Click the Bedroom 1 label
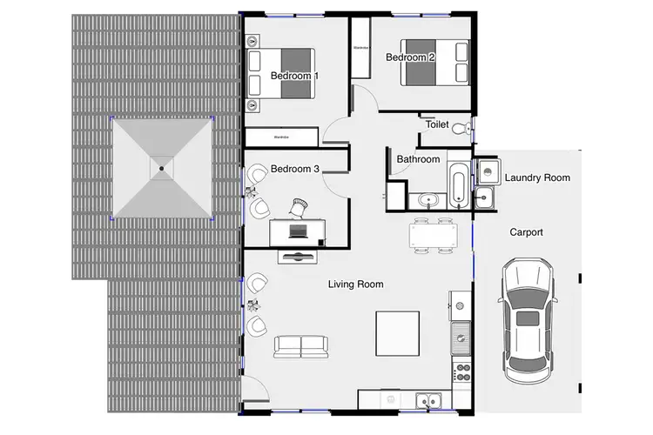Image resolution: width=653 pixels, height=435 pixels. pyautogui.click(x=294, y=76)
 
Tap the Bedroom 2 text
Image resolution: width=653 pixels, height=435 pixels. pyautogui.click(x=410, y=57)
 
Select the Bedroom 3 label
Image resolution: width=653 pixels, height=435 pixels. pyautogui.click(x=294, y=168)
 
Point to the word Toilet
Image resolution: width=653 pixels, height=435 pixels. pyautogui.click(x=437, y=124)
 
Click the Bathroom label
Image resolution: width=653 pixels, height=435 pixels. pyautogui.click(x=418, y=159)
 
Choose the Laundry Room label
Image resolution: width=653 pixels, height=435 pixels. pyautogui.click(x=537, y=177)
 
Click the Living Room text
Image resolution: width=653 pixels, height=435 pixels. pyautogui.click(x=355, y=284)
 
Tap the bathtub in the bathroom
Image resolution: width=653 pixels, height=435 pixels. pyautogui.click(x=459, y=184)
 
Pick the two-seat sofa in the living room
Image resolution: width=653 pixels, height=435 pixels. pyautogui.click(x=300, y=346)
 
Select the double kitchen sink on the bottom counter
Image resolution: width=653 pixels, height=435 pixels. pyautogui.click(x=427, y=401)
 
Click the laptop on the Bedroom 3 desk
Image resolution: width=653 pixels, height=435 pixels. pyautogui.click(x=299, y=231)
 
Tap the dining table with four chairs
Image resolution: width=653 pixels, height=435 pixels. pyautogui.click(x=433, y=236)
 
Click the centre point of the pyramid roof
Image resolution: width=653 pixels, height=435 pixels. pyautogui.click(x=162, y=168)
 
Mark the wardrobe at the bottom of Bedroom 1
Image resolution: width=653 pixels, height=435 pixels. pyautogui.click(x=280, y=137)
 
